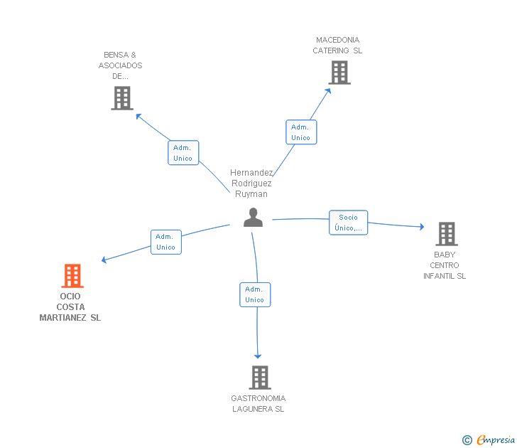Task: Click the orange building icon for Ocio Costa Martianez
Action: point(72,276)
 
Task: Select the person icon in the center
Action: point(253,217)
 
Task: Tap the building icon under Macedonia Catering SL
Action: point(339,73)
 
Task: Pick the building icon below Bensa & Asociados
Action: point(122,98)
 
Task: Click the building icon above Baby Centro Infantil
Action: point(447,234)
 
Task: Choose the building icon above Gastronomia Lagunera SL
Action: point(260,378)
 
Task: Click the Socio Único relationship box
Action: point(348,223)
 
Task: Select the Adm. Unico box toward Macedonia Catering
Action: point(301,132)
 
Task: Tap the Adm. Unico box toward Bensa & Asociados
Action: point(183,152)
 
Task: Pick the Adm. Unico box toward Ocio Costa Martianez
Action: point(166,242)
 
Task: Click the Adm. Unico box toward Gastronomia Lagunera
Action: point(255,294)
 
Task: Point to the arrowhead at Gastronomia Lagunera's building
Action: point(258,356)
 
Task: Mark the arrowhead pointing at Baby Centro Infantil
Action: point(422,227)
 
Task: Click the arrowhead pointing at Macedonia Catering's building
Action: point(328,91)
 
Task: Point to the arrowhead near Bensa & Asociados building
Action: point(138,116)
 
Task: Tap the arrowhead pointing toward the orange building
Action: point(104,260)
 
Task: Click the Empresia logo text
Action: point(496,440)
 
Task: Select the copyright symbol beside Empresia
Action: point(467,440)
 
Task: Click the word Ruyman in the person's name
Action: point(251,194)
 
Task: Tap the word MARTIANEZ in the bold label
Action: point(62,318)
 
